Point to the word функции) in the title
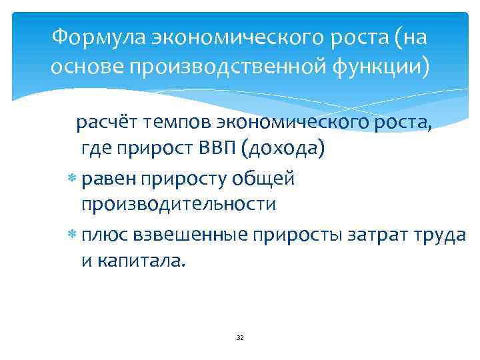click(378, 67)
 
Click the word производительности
click(178, 203)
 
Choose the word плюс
click(106, 235)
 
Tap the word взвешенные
click(191, 235)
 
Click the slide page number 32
click(240, 338)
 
